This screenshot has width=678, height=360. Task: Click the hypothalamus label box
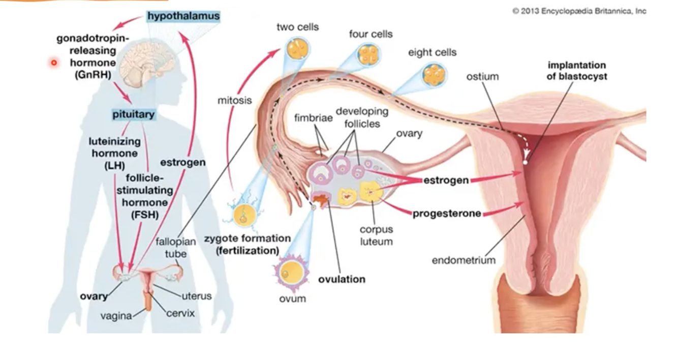(183, 16)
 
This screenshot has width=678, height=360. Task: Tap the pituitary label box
(133, 114)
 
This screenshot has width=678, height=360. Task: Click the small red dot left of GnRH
(53, 63)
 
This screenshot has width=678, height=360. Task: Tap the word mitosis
(234, 100)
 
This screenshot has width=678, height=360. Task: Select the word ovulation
(342, 279)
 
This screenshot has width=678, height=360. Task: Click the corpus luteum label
(376, 235)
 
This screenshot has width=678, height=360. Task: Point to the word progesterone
(447, 214)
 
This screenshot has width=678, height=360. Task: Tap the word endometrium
(463, 260)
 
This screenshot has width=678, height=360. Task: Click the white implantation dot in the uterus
(525, 162)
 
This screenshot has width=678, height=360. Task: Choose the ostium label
(482, 77)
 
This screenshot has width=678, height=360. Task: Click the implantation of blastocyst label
(576, 71)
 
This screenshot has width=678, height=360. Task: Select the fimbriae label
(314, 118)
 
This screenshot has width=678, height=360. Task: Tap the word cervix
(180, 313)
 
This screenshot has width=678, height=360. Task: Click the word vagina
(116, 316)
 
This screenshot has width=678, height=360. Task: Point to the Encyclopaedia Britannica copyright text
(579, 11)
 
